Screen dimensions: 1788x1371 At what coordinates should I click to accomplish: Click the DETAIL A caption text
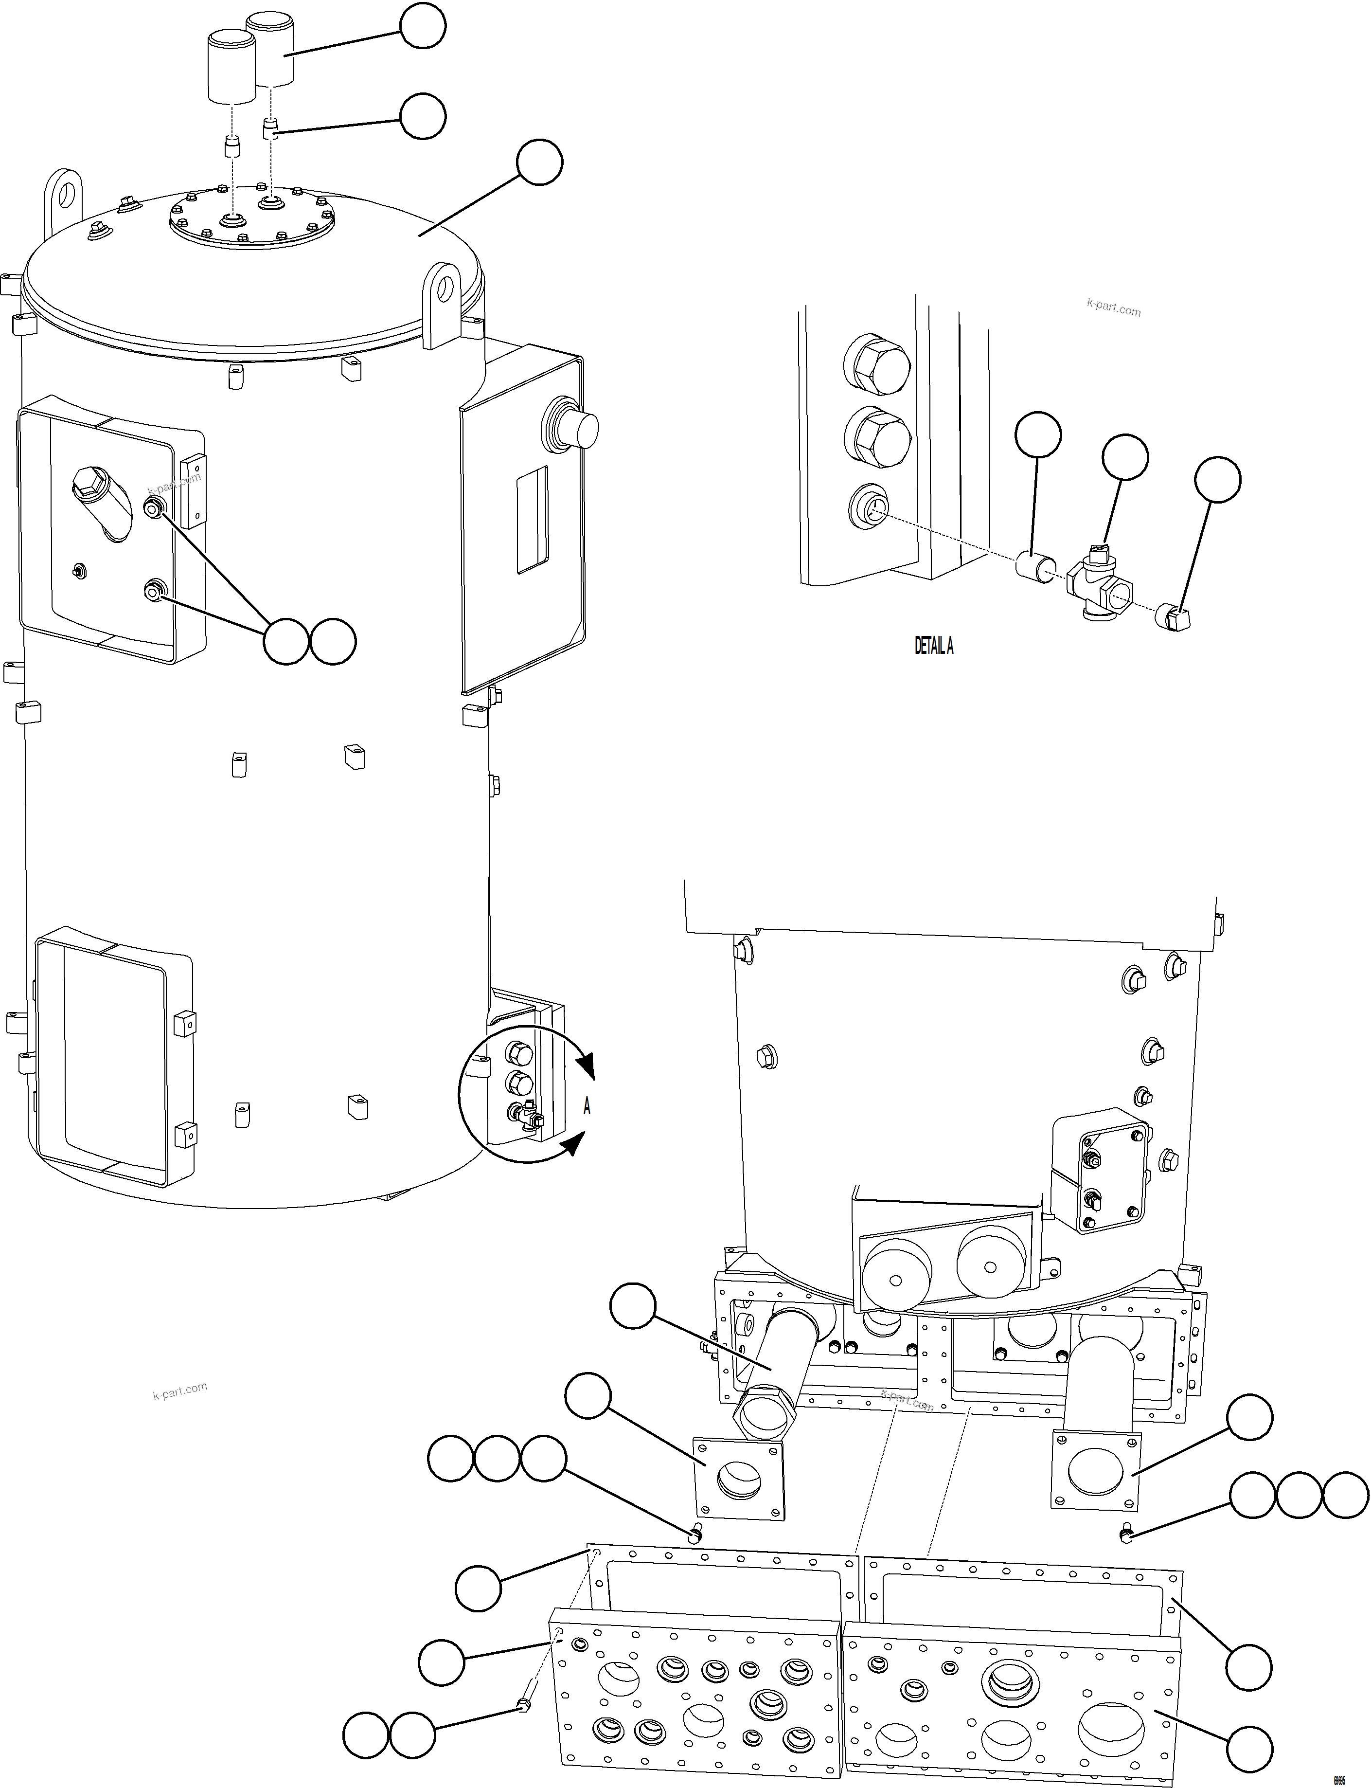click(934, 646)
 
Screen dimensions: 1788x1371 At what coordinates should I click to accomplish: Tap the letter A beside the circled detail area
click(587, 1106)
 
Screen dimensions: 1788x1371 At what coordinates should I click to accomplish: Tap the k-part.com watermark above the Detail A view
click(1113, 308)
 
